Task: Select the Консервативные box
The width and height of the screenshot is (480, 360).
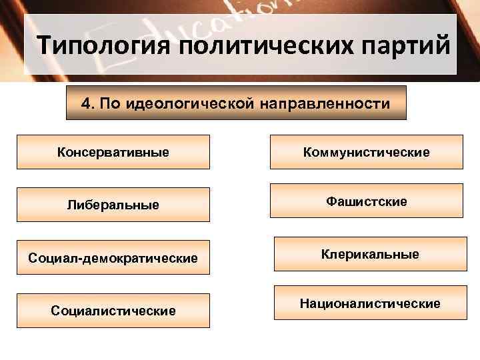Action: point(113,152)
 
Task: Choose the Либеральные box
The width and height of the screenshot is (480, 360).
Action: point(113,205)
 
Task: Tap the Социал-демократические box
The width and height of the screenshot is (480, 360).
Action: point(113,257)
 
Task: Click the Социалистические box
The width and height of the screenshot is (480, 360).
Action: point(113,311)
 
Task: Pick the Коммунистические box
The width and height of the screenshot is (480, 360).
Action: point(366,153)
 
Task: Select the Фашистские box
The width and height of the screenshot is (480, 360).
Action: point(366,201)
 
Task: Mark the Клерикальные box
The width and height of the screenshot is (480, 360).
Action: point(366,254)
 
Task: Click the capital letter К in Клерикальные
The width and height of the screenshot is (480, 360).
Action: point(325,254)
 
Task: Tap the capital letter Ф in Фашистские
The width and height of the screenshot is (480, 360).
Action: point(330,201)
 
